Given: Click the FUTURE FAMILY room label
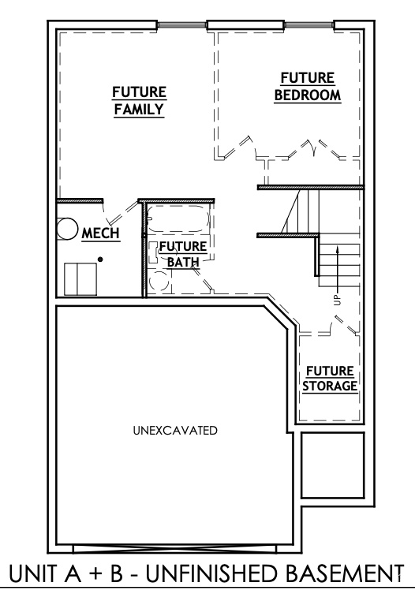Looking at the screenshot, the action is (139, 101).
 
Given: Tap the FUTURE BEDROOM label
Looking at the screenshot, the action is (308, 87).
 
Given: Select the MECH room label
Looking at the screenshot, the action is (101, 233).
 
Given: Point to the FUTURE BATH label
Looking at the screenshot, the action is (183, 254).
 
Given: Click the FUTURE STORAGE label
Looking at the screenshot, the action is (330, 379).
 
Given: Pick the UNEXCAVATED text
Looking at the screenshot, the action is (175, 430).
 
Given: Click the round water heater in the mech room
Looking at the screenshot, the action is (67, 229).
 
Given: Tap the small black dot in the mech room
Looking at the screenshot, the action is (100, 260).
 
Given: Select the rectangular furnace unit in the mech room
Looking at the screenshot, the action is (80, 279).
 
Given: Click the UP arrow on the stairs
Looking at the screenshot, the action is (338, 269).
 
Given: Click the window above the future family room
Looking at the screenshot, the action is (181, 24).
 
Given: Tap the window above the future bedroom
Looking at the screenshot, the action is (308, 24).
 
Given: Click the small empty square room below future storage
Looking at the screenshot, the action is (333, 465).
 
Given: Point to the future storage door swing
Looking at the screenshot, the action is (344, 324).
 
